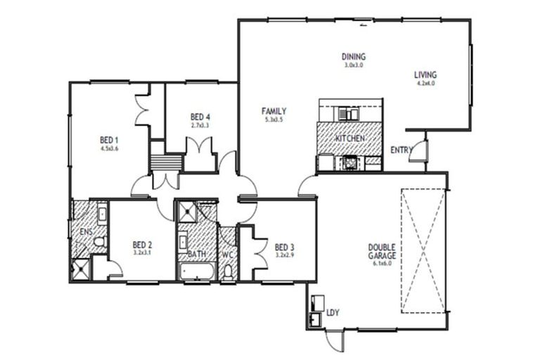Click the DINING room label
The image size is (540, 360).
354,57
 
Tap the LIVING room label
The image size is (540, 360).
425,75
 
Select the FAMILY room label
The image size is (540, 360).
274,111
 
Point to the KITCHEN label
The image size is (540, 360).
349,139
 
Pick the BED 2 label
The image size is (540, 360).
142,245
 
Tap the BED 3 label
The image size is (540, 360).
284,247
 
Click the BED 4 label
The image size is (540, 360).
200,117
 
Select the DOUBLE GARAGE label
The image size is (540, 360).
381,251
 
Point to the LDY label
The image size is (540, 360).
333,312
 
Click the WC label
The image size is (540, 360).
227,254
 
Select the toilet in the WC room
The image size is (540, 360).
228,273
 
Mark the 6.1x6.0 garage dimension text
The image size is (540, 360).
381,264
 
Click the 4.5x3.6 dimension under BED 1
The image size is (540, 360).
109,148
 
